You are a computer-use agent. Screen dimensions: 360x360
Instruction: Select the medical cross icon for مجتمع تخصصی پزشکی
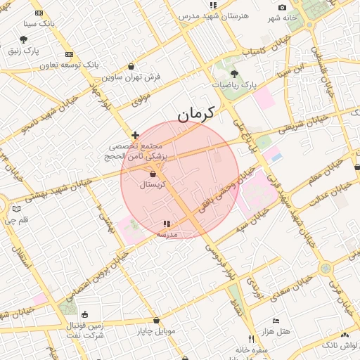[x=135, y=134]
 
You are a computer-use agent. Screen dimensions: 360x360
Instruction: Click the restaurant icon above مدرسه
[x=167, y=223]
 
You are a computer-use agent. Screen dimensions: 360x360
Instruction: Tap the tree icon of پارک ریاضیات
[x=234, y=74]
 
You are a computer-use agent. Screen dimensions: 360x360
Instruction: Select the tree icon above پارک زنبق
[x=23, y=39]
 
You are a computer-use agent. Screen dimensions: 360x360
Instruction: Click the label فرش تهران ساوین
[x=132, y=77]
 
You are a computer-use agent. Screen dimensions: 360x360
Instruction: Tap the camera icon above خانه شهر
[x=282, y=7]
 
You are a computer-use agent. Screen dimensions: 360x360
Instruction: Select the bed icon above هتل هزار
[x=276, y=320]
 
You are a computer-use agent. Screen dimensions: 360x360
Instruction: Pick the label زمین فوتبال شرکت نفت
[x=86, y=330]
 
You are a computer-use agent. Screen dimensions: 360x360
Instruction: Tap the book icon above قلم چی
[x=17, y=209]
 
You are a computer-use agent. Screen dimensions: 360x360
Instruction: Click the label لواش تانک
[x=340, y=345]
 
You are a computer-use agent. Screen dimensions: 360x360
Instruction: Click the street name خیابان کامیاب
[x=264, y=50]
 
